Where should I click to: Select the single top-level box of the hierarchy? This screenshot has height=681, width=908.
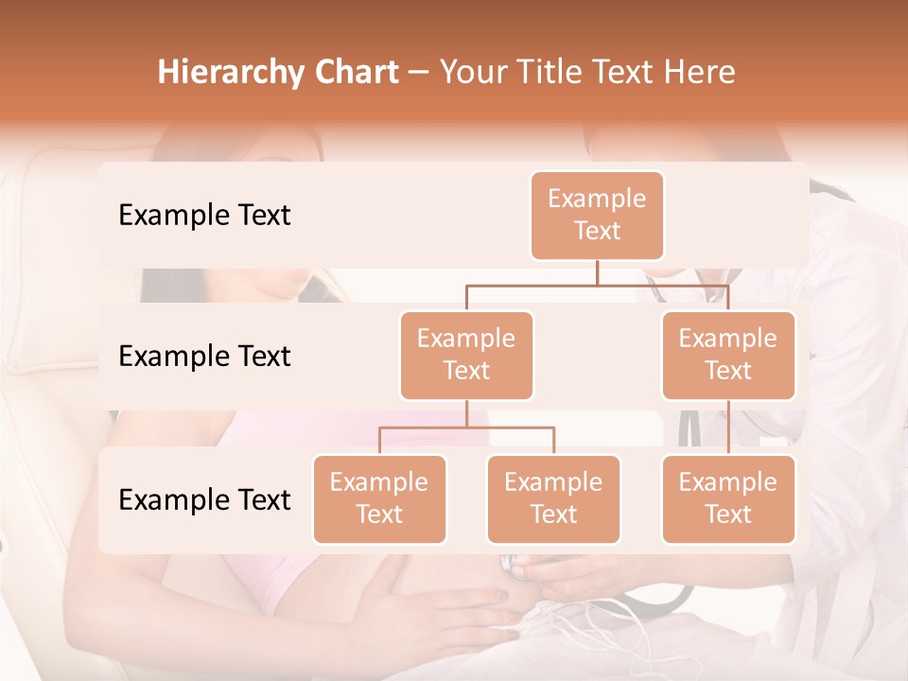[597, 215]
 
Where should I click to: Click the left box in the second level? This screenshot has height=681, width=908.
[466, 355]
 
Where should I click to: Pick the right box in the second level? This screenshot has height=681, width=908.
[728, 355]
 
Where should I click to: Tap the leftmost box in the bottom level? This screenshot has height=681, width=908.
[379, 498]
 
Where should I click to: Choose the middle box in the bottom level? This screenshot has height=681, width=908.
[553, 498]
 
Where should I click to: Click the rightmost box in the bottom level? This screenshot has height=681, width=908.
[728, 498]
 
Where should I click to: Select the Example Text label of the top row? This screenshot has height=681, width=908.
[204, 215]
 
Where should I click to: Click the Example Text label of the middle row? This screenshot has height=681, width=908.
[204, 356]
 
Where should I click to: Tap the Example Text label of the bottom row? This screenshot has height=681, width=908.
[204, 499]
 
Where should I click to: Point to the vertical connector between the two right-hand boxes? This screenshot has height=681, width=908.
[728, 427]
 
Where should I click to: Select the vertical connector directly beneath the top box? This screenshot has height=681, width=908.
[597, 272]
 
